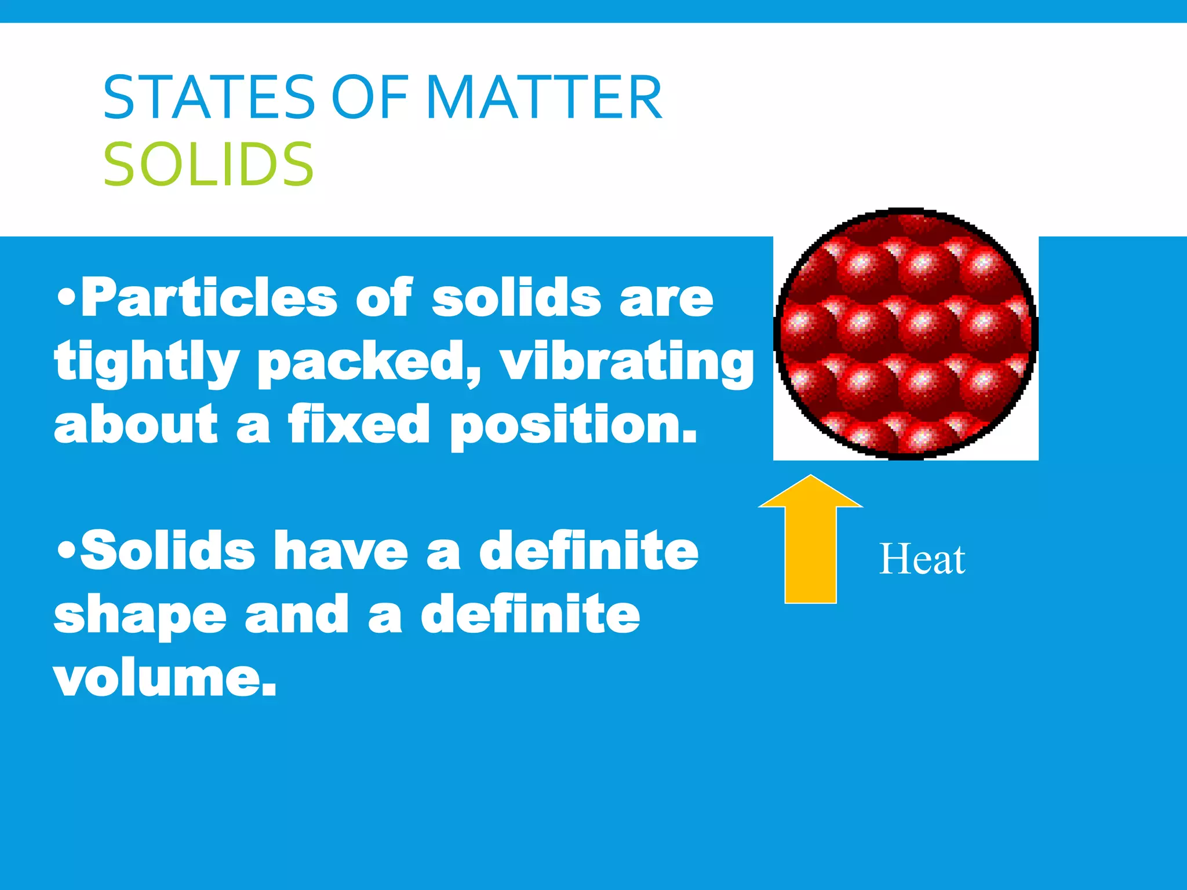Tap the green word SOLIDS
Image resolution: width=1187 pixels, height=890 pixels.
click(209, 165)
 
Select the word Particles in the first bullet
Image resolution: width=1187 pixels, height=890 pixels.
click(209, 298)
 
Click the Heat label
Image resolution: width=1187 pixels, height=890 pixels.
click(922, 560)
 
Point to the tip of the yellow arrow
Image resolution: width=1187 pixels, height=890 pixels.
click(810, 477)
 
